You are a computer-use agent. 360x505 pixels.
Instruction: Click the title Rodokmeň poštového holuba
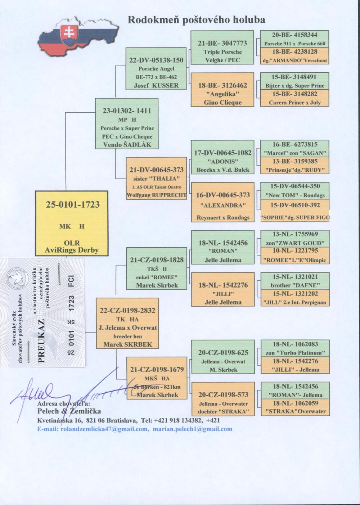(196, 19)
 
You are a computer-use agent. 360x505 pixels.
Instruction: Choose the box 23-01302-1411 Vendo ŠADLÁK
(127, 123)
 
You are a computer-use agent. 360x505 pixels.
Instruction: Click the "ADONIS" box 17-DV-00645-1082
(222, 157)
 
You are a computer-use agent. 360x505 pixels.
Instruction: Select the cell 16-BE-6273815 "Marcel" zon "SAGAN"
(294, 148)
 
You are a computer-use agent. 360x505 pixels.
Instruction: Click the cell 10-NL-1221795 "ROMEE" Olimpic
(294, 255)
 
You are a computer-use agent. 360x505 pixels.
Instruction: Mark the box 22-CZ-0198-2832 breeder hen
(127, 323)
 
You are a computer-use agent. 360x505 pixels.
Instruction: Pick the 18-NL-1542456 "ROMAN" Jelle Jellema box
(222, 247)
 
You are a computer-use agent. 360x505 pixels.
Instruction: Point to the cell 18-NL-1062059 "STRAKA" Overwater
(294, 407)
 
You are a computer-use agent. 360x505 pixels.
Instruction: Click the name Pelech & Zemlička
(69, 411)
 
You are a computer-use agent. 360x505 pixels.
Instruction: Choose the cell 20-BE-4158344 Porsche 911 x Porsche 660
(294, 39)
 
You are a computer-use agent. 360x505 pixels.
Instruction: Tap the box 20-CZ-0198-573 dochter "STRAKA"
(222, 399)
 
